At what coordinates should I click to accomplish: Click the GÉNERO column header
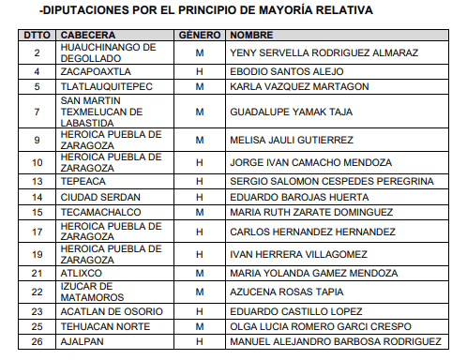click(x=199, y=34)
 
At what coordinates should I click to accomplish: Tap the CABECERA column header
click(x=87, y=34)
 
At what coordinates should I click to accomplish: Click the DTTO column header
click(x=37, y=34)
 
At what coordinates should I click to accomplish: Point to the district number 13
click(x=37, y=180)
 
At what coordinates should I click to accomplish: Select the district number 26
click(x=37, y=341)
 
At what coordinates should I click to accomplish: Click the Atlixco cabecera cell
click(x=80, y=273)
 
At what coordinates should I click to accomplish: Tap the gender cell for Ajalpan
click(x=199, y=341)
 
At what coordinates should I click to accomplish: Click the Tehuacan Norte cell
click(x=102, y=325)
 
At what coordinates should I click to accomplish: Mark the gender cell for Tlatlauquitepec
click(x=199, y=86)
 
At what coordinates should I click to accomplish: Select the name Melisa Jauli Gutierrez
click(x=292, y=140)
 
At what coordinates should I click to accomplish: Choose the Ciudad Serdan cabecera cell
click(x=99, y=197)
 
